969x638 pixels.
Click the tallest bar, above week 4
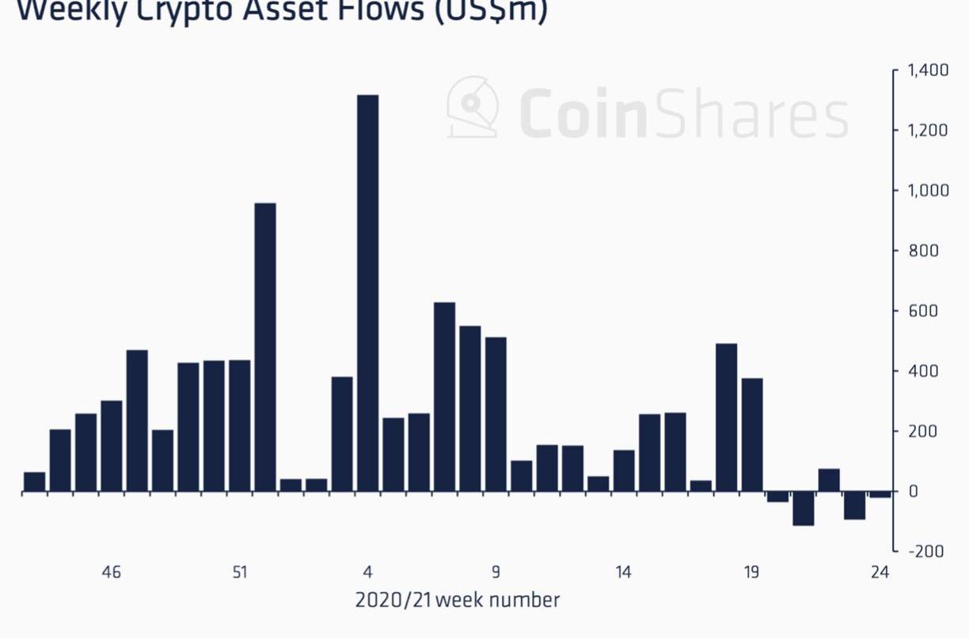click(x=367, y=293)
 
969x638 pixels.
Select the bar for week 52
click(x=265, y=347)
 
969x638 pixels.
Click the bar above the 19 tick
click(x=752, y=435)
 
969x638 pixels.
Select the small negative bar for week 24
click(x=880, y=495)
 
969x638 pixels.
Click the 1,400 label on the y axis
click(x=928, y=71)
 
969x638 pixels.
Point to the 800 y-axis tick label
click(x=923, y=251)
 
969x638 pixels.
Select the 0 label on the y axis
click(x=913, y=492)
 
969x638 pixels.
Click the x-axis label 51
click(x=240, y=572)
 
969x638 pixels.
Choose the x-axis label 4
click(x=367, y=572)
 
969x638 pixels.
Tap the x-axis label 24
click(x=880, y=572)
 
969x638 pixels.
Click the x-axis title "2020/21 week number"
click(x=458, y=600)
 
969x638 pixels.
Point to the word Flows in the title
click(x=374, y=11)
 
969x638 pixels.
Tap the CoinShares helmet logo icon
click(x=473, y=108)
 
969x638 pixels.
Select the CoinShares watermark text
click(x=684, y=116)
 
